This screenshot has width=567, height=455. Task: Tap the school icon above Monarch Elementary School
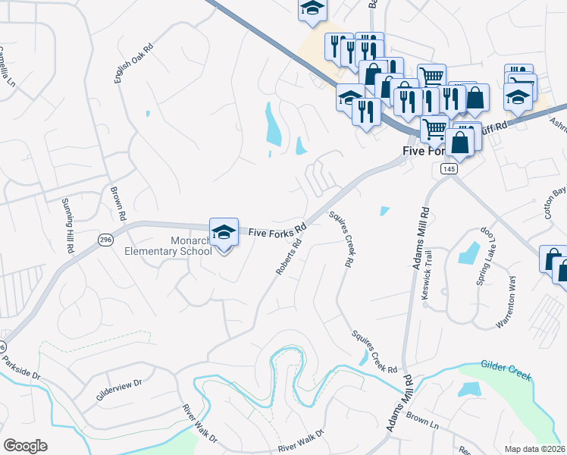click(x=224, y=232)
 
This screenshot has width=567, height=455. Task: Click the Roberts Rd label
click(x=289, y=257)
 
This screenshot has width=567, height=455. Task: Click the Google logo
click(x=26, y=445)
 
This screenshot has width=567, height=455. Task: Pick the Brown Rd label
click(x=116, y=204)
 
